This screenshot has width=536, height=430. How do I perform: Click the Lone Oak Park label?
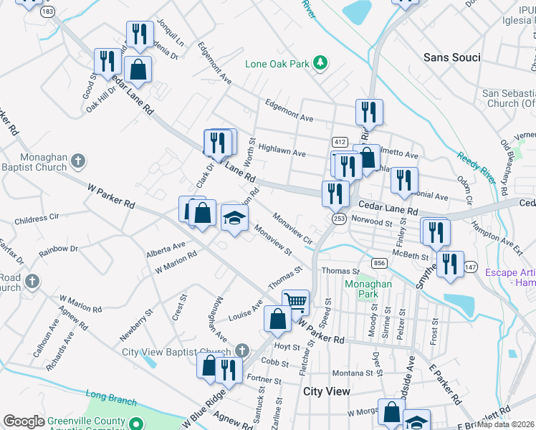277,64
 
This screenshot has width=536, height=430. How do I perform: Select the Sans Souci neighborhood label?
451,57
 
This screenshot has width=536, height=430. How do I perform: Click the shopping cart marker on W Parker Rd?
295,301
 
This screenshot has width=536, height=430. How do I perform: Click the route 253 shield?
339,218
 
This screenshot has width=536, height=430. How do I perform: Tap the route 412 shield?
340,142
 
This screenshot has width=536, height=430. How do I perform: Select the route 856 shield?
380,264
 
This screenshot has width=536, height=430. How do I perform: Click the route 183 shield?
48,13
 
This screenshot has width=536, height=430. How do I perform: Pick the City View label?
327,391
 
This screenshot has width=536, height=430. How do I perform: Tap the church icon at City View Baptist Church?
242,350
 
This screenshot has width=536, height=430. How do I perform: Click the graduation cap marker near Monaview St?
234,217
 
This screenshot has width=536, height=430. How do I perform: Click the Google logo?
24,421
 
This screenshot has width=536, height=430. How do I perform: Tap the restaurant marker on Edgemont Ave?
369,112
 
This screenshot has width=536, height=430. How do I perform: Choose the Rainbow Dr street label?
59,249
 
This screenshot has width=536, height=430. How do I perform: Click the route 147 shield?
470,267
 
